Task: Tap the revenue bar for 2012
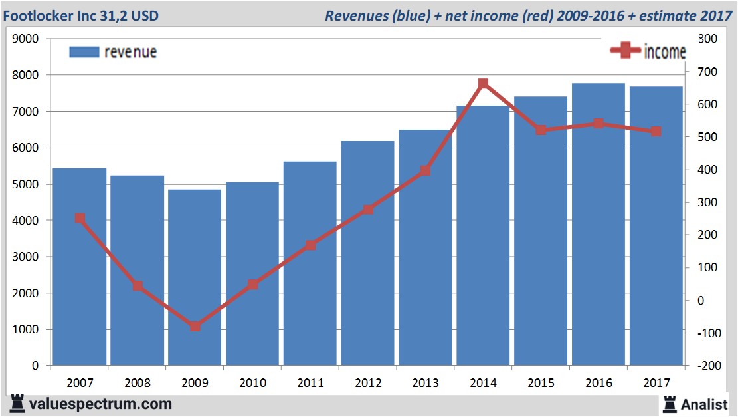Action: tap(367, 253)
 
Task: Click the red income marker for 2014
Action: tap(483, 84)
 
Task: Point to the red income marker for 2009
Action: tap(195, 326)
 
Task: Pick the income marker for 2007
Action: tap(80, 218)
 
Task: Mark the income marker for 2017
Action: tap(656, 132)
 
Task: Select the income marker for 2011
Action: tap(310, 245)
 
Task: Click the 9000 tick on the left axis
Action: tap(27, 39)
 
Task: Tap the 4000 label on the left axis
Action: tap(27, 221)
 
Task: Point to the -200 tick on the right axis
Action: tap(705, 366)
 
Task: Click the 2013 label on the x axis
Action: tap(425, 383)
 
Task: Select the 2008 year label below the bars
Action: tap(138, 383)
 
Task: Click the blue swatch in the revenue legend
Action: tap(84, 52)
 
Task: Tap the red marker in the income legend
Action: tap(625, 51)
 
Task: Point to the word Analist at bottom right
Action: tap(705, 404)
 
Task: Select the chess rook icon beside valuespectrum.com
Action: tap(17, 404)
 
